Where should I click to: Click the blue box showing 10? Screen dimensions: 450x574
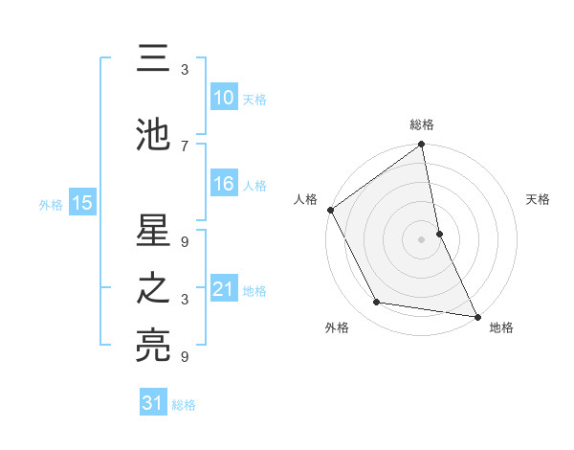(x=223, y=98)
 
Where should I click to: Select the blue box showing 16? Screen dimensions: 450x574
(x=223, y=185)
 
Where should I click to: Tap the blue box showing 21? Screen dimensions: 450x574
(x=223, y=289)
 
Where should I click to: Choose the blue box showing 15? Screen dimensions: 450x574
(x=81, y=202)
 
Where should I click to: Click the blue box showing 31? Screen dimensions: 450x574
(x=153, y=403)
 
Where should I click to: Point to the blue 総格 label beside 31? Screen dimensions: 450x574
(x=185, y=405)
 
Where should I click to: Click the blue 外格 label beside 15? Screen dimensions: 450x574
(x=51, y=204)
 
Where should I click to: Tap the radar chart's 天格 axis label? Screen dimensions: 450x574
(x=539, y=199)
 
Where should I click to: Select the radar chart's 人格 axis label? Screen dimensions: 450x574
(x=305, y=199)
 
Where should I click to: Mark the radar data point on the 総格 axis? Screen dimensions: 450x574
(x=422, y=146)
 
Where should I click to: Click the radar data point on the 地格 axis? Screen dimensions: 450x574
(x=477, y=316)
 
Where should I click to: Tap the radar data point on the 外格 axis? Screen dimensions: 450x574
(x=377, y=303)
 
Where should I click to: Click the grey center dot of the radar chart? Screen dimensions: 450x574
(x=422, y=239)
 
